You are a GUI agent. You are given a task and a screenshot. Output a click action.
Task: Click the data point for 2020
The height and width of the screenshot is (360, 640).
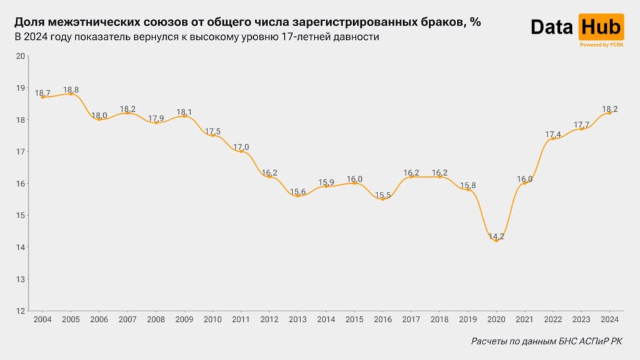496,240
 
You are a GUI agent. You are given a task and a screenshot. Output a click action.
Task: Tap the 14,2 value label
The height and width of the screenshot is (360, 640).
496,236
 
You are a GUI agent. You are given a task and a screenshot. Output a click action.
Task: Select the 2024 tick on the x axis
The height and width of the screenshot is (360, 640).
609,319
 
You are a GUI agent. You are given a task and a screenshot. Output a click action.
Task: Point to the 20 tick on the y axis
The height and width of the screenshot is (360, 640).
20,56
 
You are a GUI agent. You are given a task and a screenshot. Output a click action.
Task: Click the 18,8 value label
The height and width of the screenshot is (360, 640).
71,89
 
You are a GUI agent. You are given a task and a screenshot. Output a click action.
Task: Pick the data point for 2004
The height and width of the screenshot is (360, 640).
42,97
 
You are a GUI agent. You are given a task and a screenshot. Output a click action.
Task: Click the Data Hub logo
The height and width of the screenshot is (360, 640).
576,27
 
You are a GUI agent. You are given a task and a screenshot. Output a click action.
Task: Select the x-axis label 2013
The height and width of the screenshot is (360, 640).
297,319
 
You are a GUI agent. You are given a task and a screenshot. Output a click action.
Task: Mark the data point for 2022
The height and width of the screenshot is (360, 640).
553,138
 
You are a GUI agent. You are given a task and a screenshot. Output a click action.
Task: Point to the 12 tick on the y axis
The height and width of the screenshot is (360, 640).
20,311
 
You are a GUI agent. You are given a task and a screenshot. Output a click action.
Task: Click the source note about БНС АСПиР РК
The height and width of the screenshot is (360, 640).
547,341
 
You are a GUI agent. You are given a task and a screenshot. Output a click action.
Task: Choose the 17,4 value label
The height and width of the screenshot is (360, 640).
553,134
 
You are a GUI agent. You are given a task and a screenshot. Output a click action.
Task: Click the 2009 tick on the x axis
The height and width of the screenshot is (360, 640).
184,319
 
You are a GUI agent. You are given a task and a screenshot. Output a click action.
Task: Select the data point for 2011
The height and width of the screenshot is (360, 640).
241,151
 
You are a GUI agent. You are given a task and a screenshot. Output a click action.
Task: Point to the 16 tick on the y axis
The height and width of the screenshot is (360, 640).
20,183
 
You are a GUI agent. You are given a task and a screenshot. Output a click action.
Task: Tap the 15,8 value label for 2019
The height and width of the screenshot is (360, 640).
467,186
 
